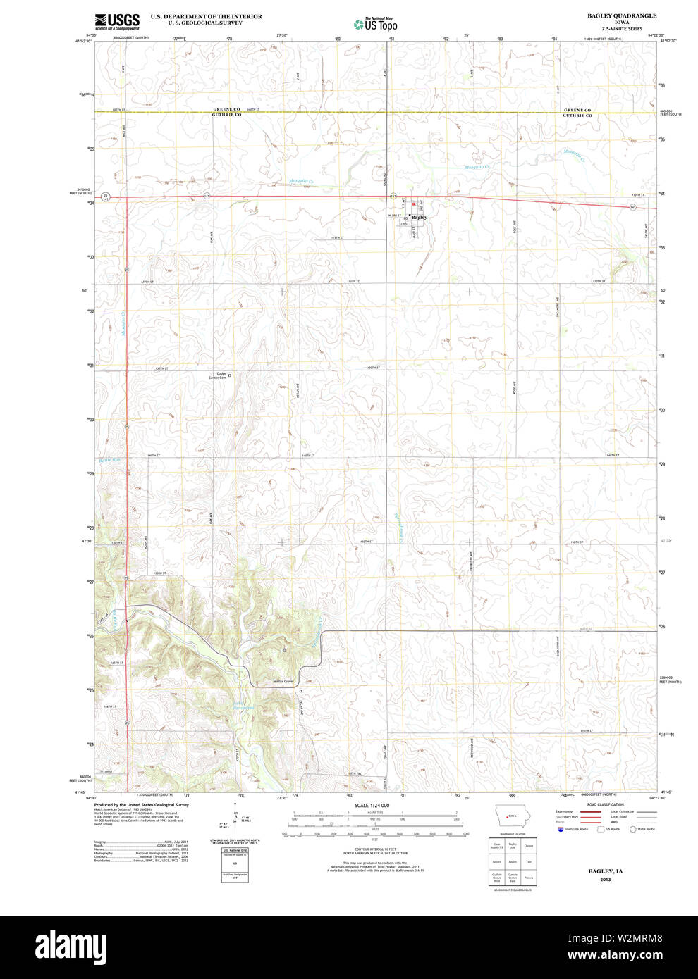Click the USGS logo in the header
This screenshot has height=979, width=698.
117,21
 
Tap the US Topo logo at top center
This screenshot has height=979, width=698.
376,25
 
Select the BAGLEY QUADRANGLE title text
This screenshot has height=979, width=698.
621,15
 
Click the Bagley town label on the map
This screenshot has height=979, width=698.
420,218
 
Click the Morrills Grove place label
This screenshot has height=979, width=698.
283,682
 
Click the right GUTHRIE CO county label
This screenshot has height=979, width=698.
577,115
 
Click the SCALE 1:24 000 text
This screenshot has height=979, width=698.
372,805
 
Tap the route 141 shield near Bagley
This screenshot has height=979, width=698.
393,196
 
